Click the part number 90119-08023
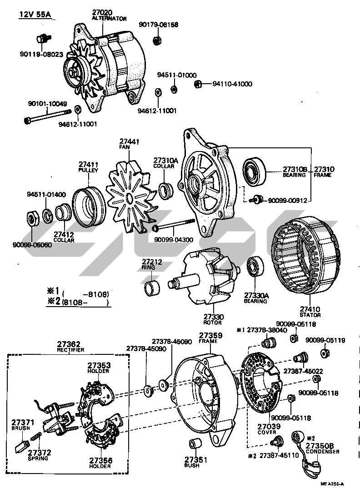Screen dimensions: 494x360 (x=41, y=54)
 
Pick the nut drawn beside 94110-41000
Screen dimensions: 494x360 (x=198, y=84)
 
